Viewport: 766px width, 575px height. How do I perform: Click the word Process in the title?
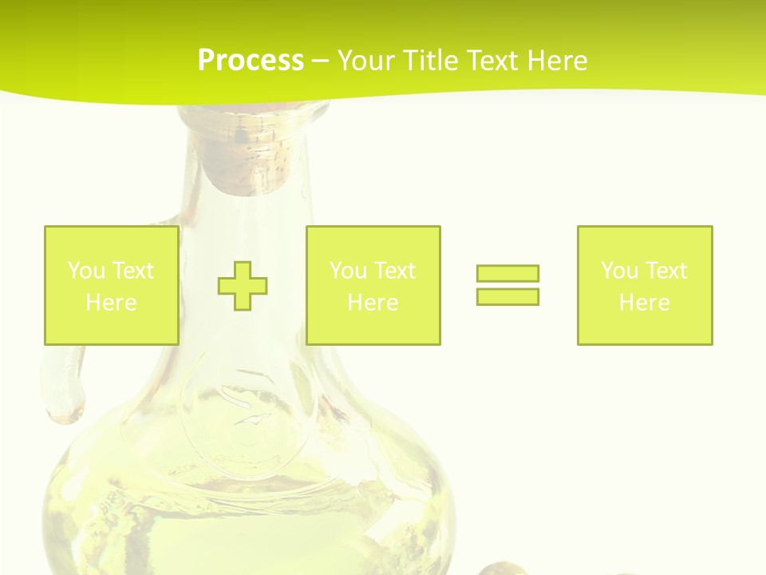coord(251,60)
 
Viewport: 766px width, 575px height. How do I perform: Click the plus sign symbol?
coord(243,285)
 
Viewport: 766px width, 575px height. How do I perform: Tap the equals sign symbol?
coord(507,285)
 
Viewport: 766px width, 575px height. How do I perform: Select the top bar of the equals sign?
coord(507,274)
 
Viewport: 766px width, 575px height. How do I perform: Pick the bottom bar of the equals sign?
coord(507,296)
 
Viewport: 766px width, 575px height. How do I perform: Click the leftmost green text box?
coord(111,285)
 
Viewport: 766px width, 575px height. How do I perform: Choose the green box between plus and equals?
coord(373,285)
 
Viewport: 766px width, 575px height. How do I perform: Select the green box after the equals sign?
coord(645,285)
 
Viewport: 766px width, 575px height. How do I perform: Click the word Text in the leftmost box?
coord(132,271)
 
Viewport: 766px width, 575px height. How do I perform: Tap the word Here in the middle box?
coord(373,303)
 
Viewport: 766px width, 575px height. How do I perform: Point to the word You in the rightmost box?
coord(619,271)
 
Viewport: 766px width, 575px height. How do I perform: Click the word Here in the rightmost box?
coord(645,303)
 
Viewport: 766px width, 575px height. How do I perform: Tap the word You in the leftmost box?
coord(85,271)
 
